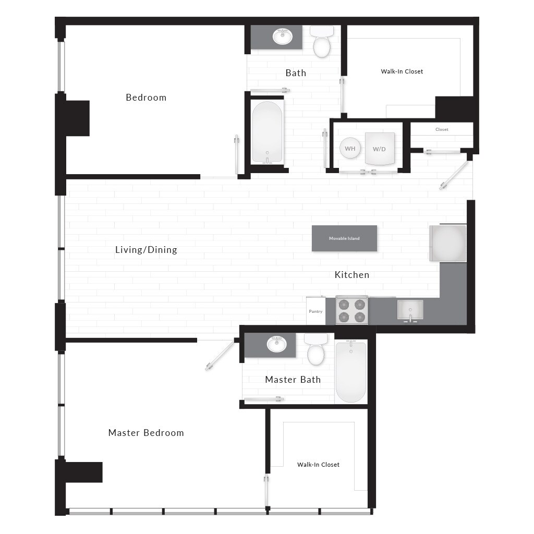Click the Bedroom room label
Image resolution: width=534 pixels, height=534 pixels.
[146, 98]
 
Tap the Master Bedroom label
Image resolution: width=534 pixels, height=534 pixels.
[146, 433]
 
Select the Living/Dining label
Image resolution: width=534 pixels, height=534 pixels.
[146, 250]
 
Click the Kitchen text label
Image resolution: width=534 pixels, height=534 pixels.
[352, 275]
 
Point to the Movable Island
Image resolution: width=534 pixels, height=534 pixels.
[344, 238]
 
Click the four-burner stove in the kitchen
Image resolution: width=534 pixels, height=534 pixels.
[351, 310]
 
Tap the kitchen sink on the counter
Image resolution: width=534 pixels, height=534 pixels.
[410, 310]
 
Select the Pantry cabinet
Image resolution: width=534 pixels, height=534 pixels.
[315, 311]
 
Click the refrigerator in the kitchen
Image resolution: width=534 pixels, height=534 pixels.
[447, 243]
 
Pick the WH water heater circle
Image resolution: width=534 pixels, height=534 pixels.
[350, 149]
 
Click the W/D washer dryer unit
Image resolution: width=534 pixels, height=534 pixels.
[379, 149]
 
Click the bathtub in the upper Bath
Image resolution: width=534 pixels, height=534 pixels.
[267, 131]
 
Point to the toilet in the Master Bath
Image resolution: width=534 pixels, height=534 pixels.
[316, 351]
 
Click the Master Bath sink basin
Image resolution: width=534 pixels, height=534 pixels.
[276, 344]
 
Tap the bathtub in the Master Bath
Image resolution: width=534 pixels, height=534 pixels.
[351, 371]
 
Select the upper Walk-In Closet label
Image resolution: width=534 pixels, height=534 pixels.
[402, 71]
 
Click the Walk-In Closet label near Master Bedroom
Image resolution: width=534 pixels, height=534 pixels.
[318, 465]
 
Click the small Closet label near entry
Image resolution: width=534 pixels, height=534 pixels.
[442, 129]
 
